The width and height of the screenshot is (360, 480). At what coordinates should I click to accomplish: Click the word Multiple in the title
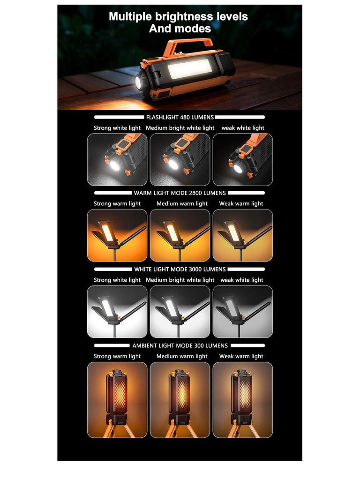130,16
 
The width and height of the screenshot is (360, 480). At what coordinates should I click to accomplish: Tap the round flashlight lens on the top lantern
142,82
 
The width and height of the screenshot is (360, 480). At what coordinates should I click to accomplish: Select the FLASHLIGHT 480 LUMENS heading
180,117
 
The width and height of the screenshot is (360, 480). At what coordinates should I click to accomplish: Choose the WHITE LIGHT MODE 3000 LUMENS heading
180,270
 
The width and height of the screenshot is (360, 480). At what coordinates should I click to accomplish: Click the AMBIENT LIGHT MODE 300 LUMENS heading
180,345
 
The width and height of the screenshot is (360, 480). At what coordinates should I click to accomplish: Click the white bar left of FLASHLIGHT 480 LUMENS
119,117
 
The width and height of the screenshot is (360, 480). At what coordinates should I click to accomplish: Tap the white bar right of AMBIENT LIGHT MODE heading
247,345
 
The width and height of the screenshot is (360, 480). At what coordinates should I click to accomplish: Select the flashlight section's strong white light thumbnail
117,159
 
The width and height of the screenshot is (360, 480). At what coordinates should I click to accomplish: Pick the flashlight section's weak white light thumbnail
243,159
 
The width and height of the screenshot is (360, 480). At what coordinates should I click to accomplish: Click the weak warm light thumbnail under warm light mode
243,235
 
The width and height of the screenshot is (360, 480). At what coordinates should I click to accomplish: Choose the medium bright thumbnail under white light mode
180,312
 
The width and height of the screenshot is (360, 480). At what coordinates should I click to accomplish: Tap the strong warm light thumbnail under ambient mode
117,400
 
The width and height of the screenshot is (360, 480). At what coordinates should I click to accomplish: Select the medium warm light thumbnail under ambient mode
180,400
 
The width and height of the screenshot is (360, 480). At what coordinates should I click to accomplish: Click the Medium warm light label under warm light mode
182,203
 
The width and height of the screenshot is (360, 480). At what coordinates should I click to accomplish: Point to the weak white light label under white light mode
242,280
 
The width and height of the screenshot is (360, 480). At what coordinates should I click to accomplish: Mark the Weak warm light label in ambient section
241,356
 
